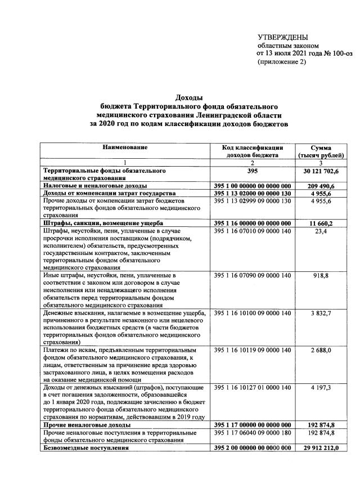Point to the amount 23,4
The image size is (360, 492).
[323, 231]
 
